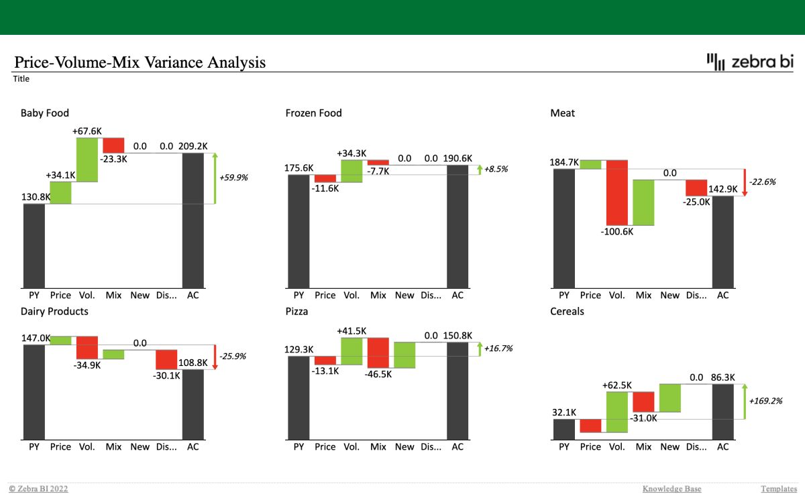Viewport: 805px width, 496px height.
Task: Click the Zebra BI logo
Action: (x=750, y=62)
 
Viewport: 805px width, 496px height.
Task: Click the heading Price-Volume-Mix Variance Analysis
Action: (x=140, y=62)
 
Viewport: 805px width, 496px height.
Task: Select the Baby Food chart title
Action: (x=45, y=113)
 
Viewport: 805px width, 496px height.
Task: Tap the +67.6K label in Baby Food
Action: (x=87, y=131)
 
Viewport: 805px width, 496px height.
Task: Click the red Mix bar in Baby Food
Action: (x=113, y=145)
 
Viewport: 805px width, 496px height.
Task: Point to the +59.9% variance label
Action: (x=233, y=178)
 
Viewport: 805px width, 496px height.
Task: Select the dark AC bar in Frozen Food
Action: (x=458, y=227)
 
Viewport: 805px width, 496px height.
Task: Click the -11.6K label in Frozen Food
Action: (x=325, y=188)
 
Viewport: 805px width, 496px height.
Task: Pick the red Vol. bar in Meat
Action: (x=617, y=192)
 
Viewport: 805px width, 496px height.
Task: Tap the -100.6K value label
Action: (x=617, y=232)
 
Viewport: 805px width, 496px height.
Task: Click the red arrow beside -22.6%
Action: (x=744, y=182)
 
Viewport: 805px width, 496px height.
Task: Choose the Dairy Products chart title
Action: (x=54, y=312)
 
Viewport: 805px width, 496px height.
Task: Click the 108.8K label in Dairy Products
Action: (x=193, y=363)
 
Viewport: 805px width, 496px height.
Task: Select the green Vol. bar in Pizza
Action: (x=352, y=351)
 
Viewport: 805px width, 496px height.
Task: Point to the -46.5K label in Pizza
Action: (x=378, y=375)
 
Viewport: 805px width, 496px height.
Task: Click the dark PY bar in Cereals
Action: (x=564, y=429)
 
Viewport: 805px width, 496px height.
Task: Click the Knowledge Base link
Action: (x=672, y=489)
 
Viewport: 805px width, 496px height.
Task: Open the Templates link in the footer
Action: (x=779, y=489)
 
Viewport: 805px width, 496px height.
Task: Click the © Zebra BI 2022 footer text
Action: (x=38, y=489)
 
